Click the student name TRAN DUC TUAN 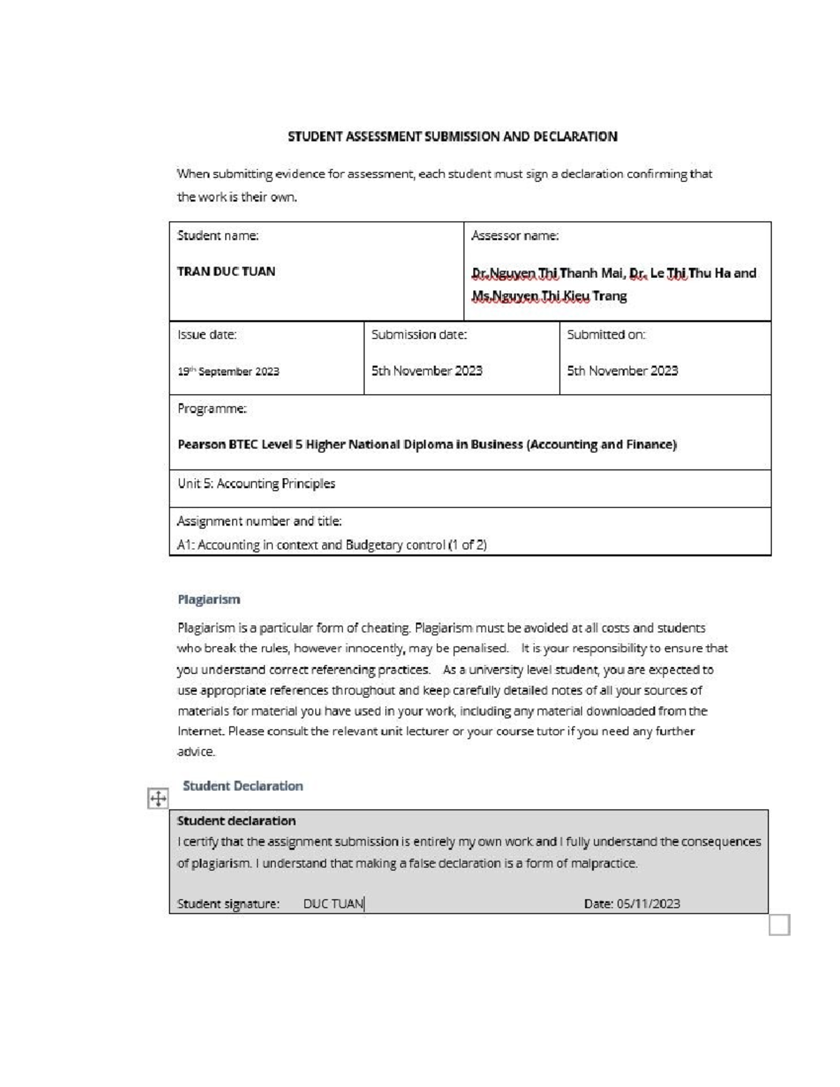click(226, 272)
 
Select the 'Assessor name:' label click(514, 236)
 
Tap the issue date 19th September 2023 click(228, 372)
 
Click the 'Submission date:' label click(419, 335)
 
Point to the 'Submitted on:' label click(605, 335)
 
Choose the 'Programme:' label click(211, 409)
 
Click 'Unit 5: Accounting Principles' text click(256, 484)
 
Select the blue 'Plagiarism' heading click(209, 600)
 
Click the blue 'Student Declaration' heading click(243, 786)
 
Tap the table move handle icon click(158, 799)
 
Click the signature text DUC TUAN click(333, 904)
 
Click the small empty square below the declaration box click(779, 925)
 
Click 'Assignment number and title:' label click(259, 521)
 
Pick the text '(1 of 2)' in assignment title click(467, 545)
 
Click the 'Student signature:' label click(228, 904)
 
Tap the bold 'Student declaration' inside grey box click(236, 821)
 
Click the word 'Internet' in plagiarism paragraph click(200, 731)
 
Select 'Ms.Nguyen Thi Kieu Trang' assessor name click(549, 296)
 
